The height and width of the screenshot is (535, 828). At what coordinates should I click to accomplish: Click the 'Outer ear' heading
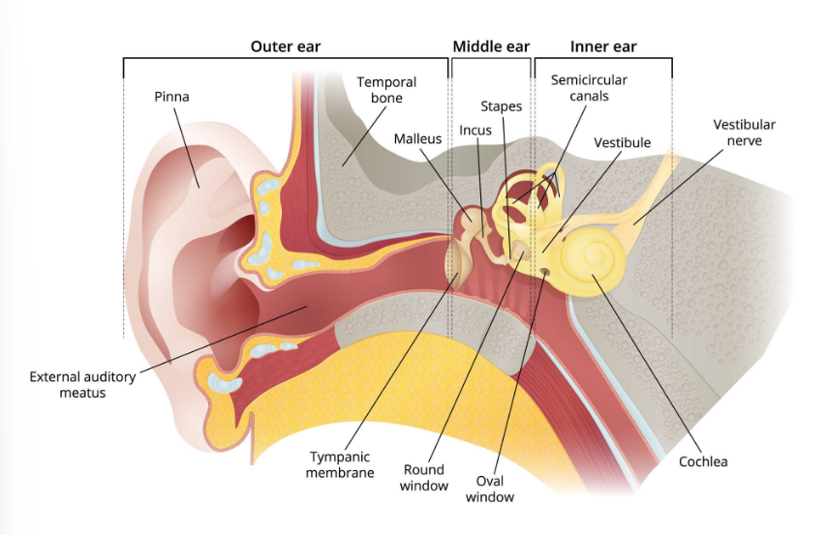[x=285, y=46]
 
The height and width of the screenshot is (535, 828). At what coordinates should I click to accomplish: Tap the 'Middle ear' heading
[x=491, y=46]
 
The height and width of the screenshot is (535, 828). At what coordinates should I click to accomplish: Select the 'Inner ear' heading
[x=603, y=46]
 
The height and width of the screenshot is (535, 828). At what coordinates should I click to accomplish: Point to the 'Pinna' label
[x=171, y=97]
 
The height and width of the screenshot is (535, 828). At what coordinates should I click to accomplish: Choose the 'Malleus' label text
[x=417, y=139]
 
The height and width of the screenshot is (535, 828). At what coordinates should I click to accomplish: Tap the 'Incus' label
[x=475, y=130]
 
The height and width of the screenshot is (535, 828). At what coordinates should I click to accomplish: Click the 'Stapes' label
[x=502, y=105]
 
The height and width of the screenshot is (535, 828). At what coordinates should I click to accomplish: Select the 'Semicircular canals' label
[x=589, y=88]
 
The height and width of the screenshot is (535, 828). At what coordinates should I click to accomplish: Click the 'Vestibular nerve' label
[x=744, y=133]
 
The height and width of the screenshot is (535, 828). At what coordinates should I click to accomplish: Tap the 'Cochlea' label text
[x=703, y=461]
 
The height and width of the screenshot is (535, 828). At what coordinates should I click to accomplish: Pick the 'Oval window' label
[x=490, y=489]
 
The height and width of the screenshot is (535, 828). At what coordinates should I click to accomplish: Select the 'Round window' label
[x=424, y=477]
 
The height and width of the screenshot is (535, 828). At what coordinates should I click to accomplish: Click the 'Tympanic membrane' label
[x=340, y=464]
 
